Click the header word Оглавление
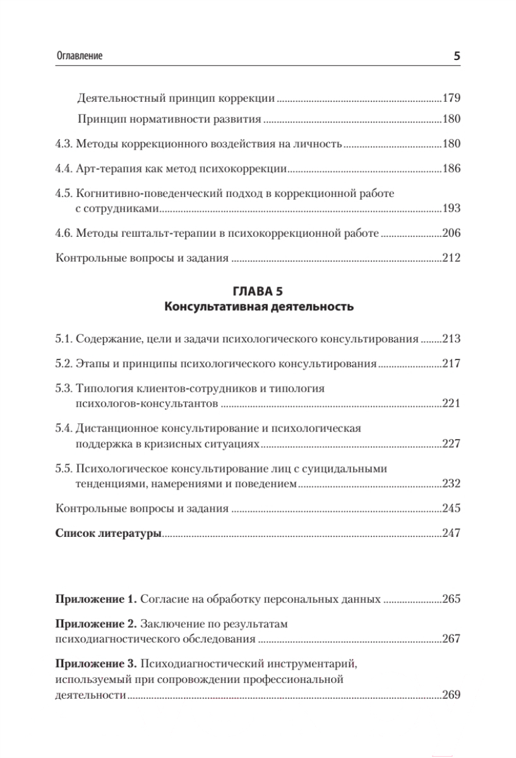[x=79, y=56]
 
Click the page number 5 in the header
[x=457, y=56]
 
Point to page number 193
[x=452, y=209]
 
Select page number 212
[x=452, y=258]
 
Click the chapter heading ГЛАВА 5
[x=258, y=292]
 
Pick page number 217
[x=452, y=364]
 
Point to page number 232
[x=452, y=484]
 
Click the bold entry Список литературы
[x=109, y=534]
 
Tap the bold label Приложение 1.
[x=96, y=599]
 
